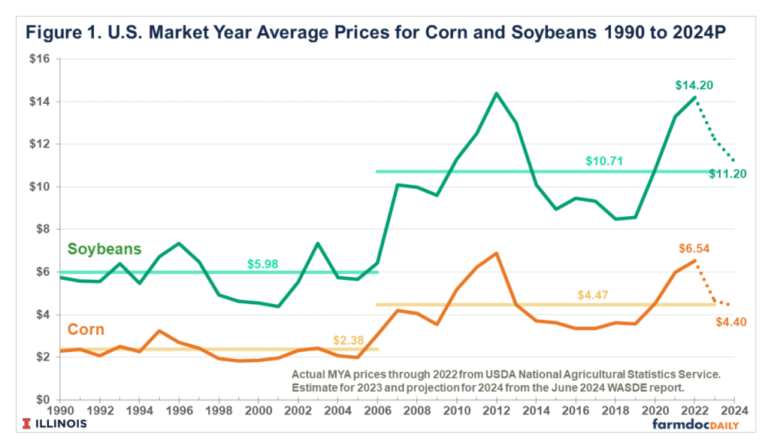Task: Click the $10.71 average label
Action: click(x=604, y=161)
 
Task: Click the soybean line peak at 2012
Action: click(x=496, y=93)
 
